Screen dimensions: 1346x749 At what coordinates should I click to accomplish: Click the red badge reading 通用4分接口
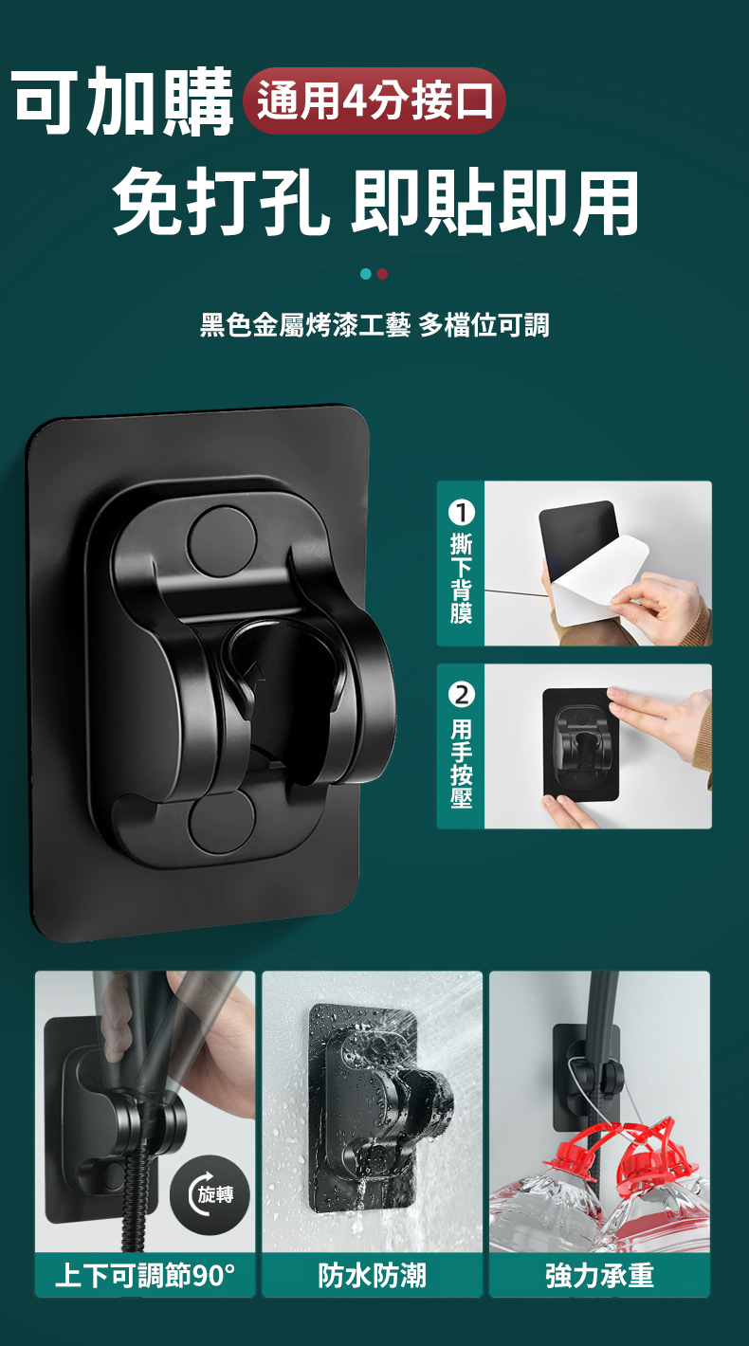[x=374, y=100]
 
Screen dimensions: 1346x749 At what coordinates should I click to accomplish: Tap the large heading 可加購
[x=123, y=101]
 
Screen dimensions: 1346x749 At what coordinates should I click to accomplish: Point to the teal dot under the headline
[x=366, y=274]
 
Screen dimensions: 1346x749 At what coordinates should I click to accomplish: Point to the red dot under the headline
[x=382, y=274]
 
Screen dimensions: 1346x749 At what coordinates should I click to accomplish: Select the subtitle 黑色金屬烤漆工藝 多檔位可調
[x=374, y=325]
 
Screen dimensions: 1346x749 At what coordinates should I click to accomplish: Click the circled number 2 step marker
[x=461, y=695]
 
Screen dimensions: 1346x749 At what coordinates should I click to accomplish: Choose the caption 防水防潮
[x=372, y=1275]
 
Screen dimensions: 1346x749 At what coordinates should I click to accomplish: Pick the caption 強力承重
[x=599, y=1275]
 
